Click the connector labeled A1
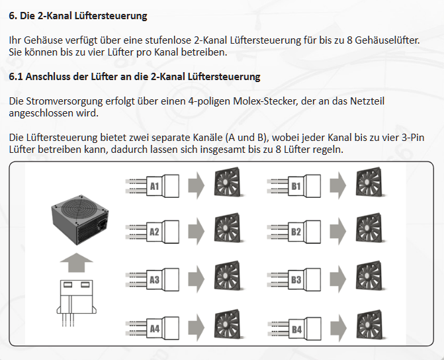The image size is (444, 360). click(x=159, y=187)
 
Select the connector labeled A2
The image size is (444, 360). click(x=159, y=232)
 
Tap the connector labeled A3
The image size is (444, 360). click(x=159, y=280)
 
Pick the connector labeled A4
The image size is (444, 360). click(x=159, y=328)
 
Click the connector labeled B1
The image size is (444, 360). click(x=301, y=187)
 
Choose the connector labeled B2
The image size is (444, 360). click(x=301, y=232)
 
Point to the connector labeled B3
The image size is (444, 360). click(x=301, y=280)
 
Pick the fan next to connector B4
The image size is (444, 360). click(x=371, y=326)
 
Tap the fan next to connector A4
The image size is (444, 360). click(x=230, y=326)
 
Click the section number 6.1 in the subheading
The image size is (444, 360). click(x=17, y=77)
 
